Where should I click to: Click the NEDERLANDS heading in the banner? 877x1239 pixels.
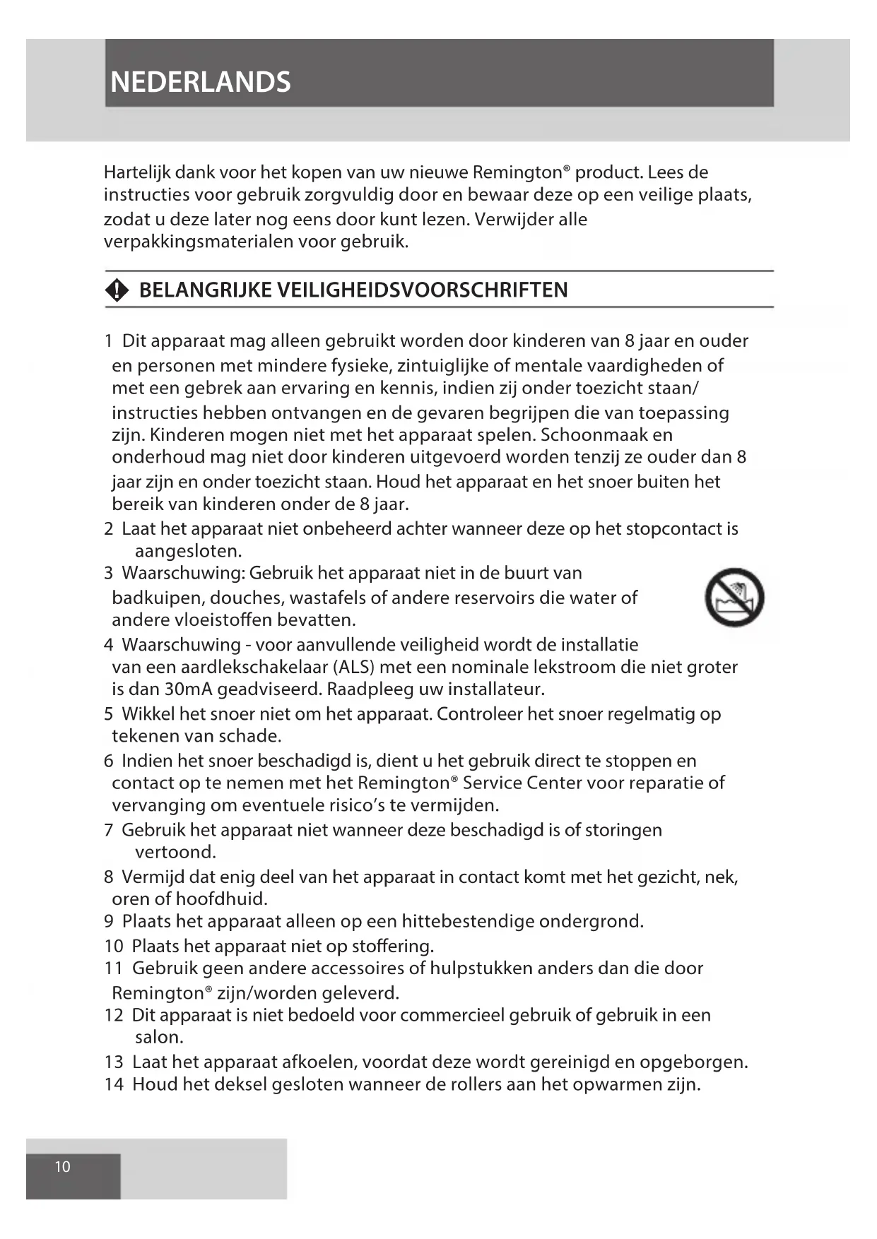[x=201, y=83]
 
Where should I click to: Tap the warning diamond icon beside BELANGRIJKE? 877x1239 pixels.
[x=117, y=290]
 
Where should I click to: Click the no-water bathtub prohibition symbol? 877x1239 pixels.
[x=734, y=597]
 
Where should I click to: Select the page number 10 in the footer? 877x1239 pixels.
[x=63, y=1166]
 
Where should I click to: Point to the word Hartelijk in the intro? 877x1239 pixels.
[x=137, y=172]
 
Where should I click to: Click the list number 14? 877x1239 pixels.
[x=114, y=1084]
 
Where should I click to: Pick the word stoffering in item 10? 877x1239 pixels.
[x=392, y=946]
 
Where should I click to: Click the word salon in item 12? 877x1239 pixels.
[x=158, y=1037]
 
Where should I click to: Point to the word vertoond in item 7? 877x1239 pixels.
[x=175, y=852]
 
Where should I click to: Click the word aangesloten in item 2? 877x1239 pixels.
[x=187, y=551]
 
